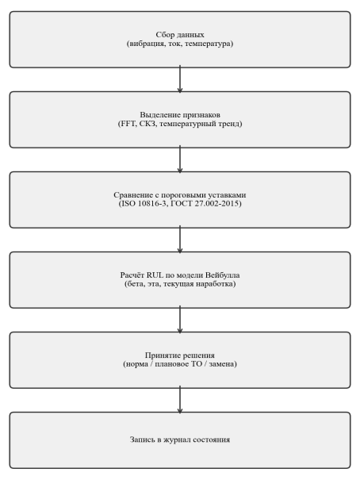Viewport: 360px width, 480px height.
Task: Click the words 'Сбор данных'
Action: coord(180,35)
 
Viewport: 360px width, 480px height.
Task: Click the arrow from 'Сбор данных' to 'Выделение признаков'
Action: coord(180,79)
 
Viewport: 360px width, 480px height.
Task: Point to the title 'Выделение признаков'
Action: coord(180,115)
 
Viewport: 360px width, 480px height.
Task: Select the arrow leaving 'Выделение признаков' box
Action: coord(180,159)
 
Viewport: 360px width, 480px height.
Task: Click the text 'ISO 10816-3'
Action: coord(144,204)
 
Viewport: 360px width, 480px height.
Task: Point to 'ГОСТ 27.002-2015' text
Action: coord(205,204)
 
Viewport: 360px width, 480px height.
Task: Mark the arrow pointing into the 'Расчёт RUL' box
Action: coord(180,240)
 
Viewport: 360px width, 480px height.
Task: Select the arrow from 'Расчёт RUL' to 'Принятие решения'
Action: coord(180,319)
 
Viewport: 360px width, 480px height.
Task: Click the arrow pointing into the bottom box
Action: coord(180,400)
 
